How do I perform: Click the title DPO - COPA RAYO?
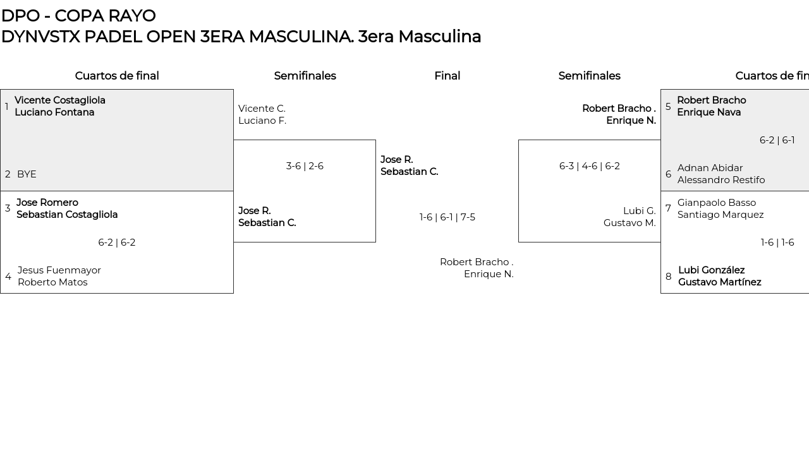pos(78,16)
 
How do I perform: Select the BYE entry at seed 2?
pos(27,174)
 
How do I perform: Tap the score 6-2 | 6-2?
pos(117,242)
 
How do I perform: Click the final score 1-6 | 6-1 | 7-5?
pos(447,217)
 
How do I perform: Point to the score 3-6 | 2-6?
pos(305,166)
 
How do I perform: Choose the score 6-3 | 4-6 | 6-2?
pos(589,166)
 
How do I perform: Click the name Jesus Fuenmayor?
pos(59,270)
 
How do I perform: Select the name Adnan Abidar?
pos(710,168)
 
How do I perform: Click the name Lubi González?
pos(711,270)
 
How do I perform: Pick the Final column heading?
pos(447,76)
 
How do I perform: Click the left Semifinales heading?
pos(305,76)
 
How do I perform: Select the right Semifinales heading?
pos(589,76)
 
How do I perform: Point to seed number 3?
pos(8,208)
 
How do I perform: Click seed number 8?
pos(668,277)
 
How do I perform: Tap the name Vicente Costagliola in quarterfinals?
pos(60,100)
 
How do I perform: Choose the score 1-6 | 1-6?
pos(777,242)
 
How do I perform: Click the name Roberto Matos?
pos(52,282)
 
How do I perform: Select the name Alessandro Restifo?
pos(721,180)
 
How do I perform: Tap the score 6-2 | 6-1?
pos(777,140)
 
